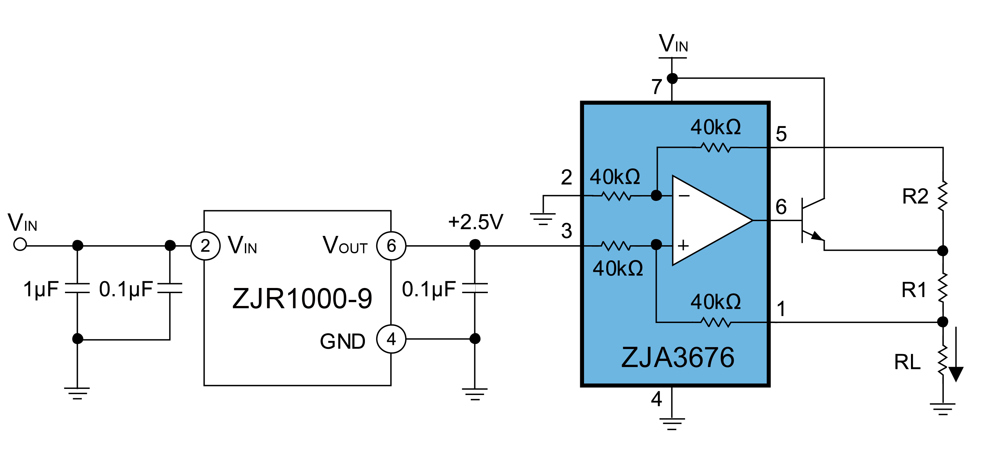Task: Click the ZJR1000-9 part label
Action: (x=302, y=299)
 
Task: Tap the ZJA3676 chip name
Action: (x=678, y=357)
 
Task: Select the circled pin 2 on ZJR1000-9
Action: (x=205, y=246)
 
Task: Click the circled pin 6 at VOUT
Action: (x=391, y=246)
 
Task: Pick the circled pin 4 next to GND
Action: (x=391, y=339)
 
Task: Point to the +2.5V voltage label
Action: (x=475, y=222)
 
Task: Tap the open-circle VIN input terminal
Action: (x=20, y=245)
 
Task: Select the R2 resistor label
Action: (x=915, y=196)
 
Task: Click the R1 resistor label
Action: (x=914, y=290)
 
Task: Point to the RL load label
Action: (x=907, y=362)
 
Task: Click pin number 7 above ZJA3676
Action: (x=657, y=86)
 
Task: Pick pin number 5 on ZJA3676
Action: (x=781, y=134)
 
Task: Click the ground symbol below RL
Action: (x=943, y=409)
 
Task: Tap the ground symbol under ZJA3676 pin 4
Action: (x=672, y=424)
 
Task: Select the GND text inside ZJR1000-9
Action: (x=343, y=341)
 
